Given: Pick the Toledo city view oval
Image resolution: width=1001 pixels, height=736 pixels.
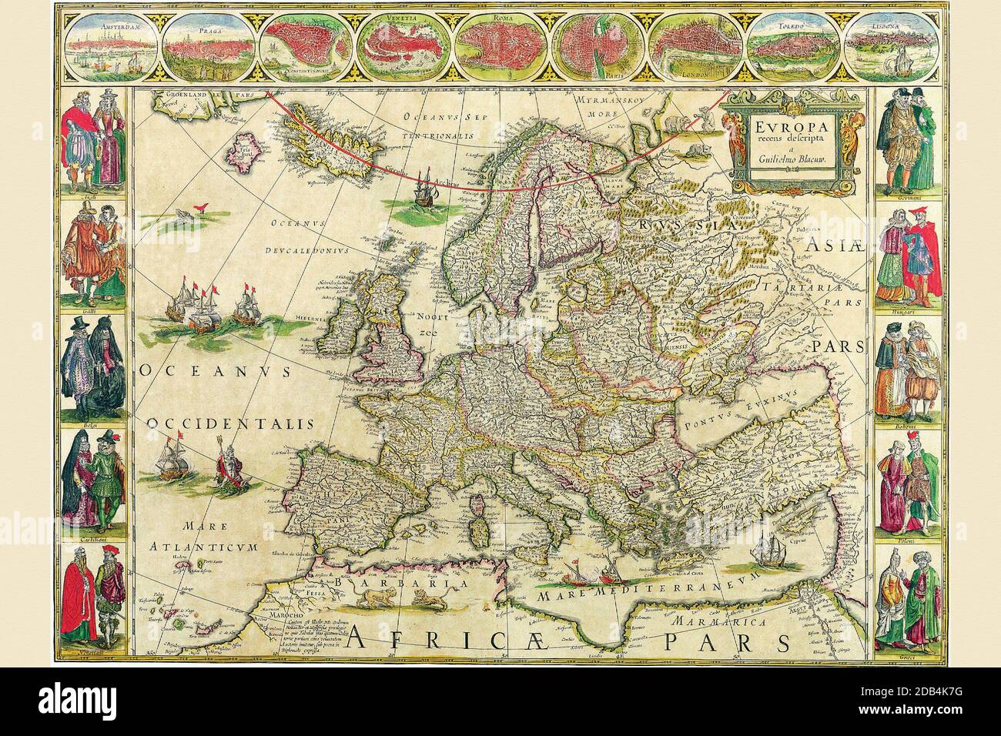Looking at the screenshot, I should pyautogui.click(x=797, y=49).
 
